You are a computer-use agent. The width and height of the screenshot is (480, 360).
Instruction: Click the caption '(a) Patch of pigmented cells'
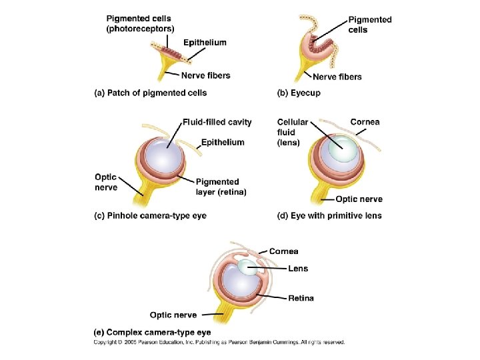coord(151,93)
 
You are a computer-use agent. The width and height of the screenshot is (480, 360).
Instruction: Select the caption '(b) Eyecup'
coord(299,93)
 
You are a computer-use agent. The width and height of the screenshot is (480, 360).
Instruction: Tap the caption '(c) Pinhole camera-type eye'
coord(151,215)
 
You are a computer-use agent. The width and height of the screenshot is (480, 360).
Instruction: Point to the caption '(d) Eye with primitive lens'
coord(329,215)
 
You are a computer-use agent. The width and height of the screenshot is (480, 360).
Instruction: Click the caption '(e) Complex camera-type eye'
coord(152,332)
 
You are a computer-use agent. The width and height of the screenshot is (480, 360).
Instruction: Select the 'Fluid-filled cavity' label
coord(217,122)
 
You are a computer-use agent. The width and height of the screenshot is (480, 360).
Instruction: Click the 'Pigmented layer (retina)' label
coord(221,187)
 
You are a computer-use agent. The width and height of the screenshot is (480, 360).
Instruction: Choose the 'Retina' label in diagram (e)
coord(301,298)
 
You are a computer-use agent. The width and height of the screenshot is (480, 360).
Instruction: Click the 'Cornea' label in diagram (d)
coord(365,122)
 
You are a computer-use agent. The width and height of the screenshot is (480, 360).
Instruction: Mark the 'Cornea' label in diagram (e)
coord(284,251)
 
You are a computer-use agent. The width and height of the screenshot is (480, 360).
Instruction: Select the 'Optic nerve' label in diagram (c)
coord(106,182)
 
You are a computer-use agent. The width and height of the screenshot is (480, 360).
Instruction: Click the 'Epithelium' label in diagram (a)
coord(205,42)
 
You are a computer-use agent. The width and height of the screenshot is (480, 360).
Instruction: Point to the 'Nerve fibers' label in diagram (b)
coord(337,77)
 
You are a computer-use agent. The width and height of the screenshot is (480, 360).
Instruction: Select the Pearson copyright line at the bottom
coord(219,342)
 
